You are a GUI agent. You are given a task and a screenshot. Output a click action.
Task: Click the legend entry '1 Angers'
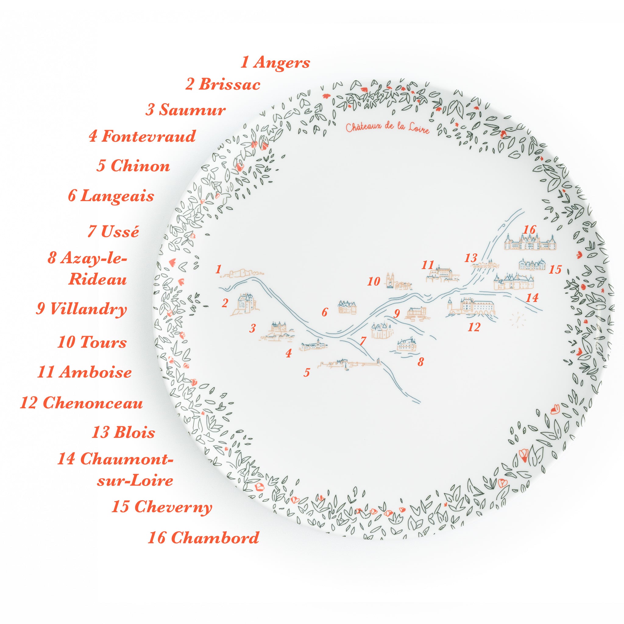pyautogui.click(x=275, y=62)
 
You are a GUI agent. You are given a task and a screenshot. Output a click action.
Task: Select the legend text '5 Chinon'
pyautogui.click(x=133, y=166)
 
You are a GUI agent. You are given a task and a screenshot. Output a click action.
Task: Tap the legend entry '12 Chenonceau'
pyautogui.click(x=81, y=403)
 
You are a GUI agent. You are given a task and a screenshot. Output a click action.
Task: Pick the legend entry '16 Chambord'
pyautogui.click(x=204, y=537)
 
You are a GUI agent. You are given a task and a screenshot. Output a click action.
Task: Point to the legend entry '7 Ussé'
pyautogui.click(x=113, y=232)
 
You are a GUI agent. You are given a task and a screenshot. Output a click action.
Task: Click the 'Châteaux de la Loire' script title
pyautogui.click(x=387, y=128)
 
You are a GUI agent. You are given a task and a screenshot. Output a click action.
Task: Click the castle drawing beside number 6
pyautogui.click(x=347, y=307)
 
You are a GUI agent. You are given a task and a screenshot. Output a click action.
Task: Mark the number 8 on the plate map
pyautogui.click(x=420, y=362)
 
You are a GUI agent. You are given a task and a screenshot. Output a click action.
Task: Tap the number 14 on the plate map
pyautogui.click(x=532, y=297)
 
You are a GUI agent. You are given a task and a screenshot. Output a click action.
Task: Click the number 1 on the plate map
pyautogui.click(x=219, y=269)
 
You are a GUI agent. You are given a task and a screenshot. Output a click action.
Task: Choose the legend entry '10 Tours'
pyautogui.click(x=92, y=342)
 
